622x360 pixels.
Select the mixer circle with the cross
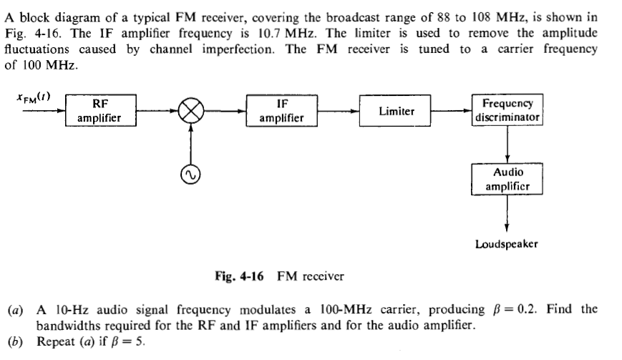click(191, 112)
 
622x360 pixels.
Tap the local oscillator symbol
click(191, 172)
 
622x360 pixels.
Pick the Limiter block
click(396, 112)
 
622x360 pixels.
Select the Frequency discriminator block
click(507, 110)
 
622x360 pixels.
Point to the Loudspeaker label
click(507, 244)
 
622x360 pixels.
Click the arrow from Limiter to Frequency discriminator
click(452, 112)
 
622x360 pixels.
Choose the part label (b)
click(14, 341)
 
